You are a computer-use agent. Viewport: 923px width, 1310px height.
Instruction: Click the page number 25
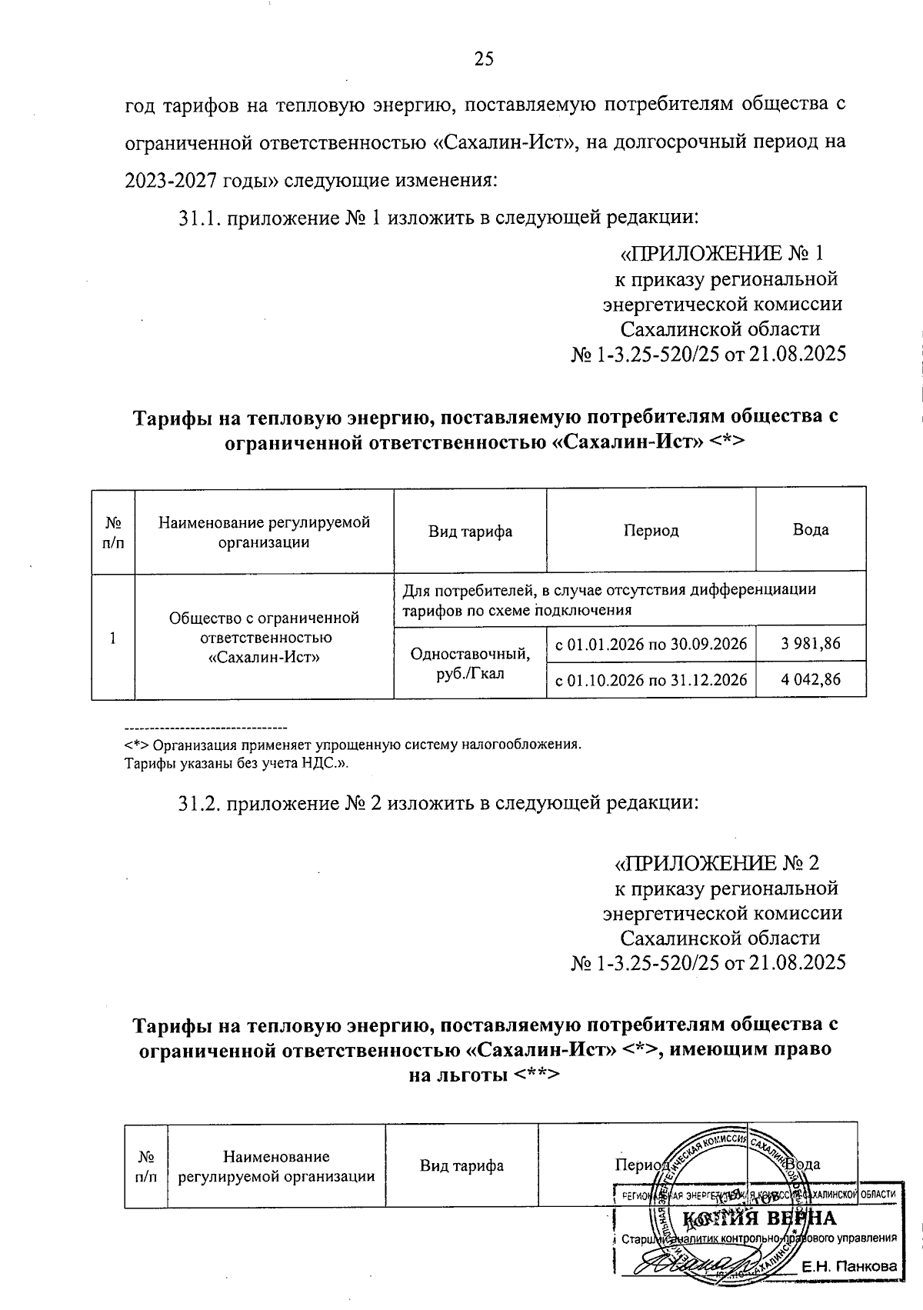tap(484, 60)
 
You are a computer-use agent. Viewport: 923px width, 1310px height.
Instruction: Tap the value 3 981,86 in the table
tap(811, 644)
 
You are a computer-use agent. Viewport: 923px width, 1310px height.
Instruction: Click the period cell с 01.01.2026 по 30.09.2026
tap(651, 644)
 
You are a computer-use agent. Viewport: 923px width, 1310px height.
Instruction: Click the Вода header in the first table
tap(811, 530)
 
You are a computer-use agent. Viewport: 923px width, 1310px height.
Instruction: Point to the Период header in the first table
tap(651, 531)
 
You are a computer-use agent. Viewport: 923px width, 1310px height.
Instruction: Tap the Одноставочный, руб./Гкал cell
tap(470, 663)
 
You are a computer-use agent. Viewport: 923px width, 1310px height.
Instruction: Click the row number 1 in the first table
tap(113, 638)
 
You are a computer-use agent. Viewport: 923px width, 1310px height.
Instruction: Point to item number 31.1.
tap(200, 218)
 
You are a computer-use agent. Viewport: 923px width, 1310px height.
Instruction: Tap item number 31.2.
tap(200, 804)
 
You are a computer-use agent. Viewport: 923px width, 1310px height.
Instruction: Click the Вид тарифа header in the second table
tap(461, 1166)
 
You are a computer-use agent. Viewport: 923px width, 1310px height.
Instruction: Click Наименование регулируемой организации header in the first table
tap(264, 532)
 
